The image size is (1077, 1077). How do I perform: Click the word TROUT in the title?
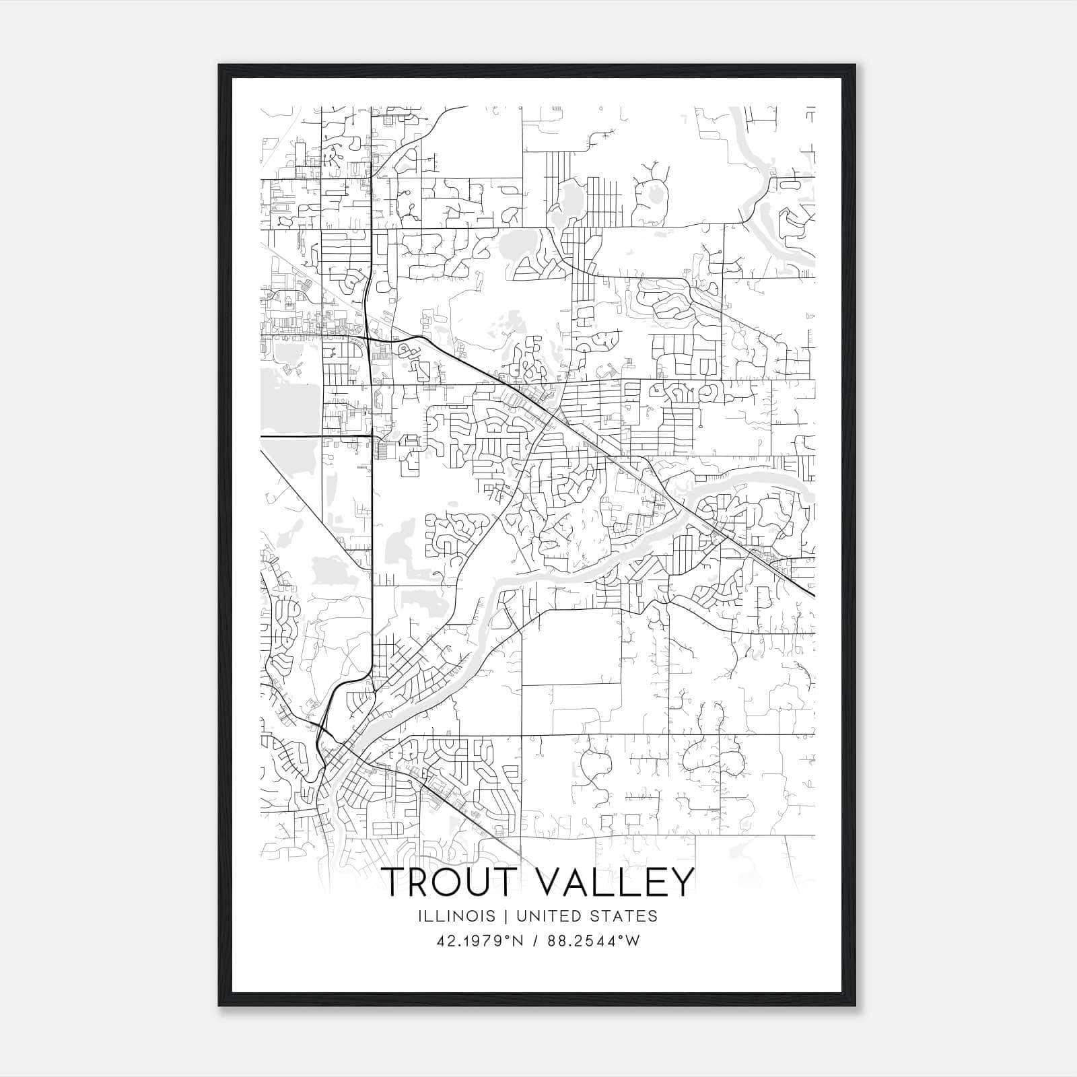point(452,882)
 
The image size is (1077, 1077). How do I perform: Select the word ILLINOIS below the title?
point(456,916)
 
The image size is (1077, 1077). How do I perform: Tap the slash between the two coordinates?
point(535,941)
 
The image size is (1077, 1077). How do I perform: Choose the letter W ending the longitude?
point(632,941)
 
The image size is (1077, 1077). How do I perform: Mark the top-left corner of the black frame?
point(219,65)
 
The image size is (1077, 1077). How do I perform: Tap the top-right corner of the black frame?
point(855,65)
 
